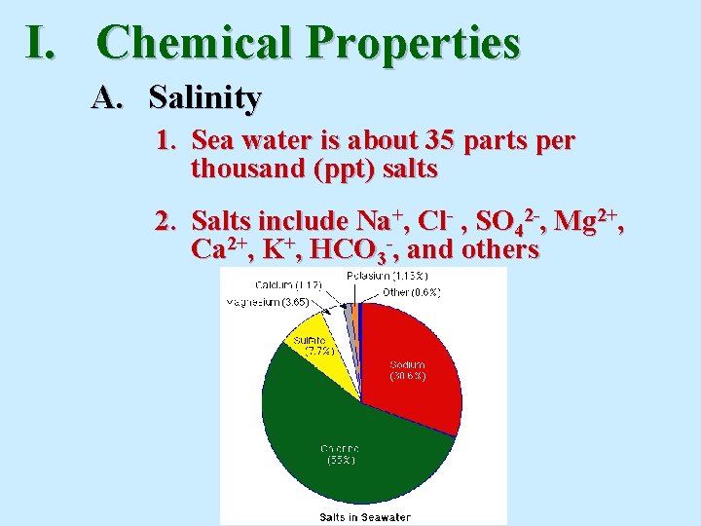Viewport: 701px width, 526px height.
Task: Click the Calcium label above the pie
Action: [x=289, y=284]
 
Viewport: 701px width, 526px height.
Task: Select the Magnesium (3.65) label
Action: [x=268, y=302]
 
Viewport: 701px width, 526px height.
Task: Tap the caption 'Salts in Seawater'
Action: [x=365, y=516]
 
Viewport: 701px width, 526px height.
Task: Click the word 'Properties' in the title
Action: [x=414, y=43]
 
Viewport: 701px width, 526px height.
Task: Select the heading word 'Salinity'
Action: [x=204, y=97]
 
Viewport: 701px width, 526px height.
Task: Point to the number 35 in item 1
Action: [x=441, y=142]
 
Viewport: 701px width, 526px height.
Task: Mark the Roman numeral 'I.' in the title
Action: [x=46, y=43]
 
